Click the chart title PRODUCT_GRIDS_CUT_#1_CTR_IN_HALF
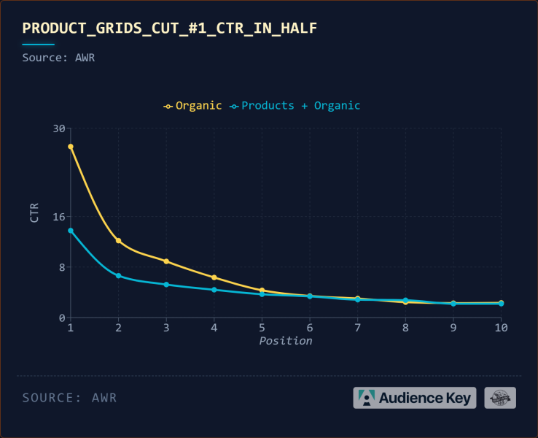pos(169,28)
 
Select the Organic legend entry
pos(193,105)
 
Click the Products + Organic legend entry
pos(295,105)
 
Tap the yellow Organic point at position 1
pos(71,147)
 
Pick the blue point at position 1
pos(71,231)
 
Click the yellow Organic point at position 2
pos(118,241)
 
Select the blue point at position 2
pos(118,276)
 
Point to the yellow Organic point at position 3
pos(166,261)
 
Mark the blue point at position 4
pos(214,290)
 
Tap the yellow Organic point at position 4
pos(214,277)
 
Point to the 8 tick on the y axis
pos(61,267)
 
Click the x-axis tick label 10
pos(501,328)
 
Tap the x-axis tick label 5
pos(262,328)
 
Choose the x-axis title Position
pos(286,341)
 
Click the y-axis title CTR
pos(34,212)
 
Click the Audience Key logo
pos(415,398)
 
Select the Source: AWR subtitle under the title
pos(58,58)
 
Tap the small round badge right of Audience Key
pos(500,398)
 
